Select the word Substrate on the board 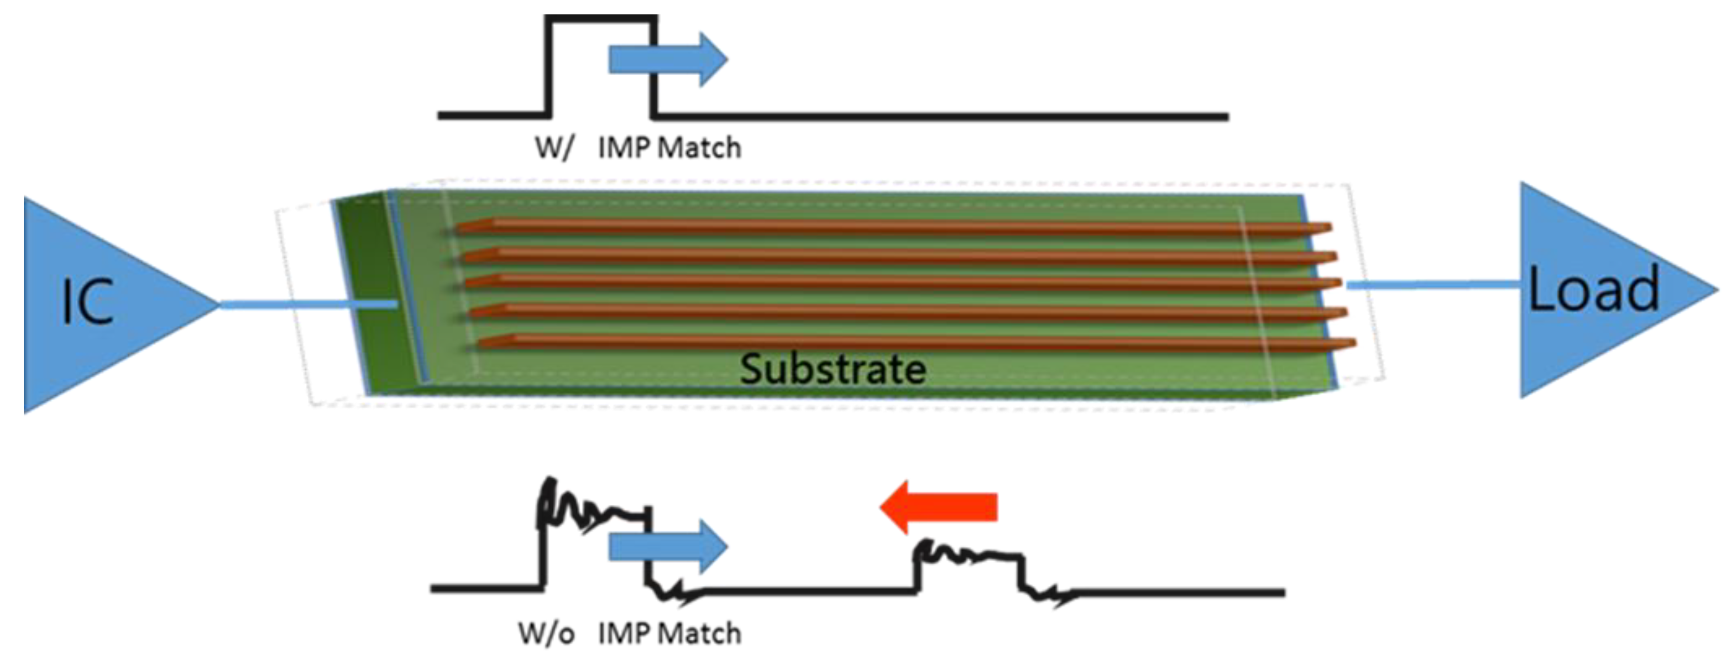click(x=833, y=369)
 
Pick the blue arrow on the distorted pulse click(x=668, y=547)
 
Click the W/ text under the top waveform click(x=554, y=147)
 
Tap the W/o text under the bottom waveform click(x=546, y=632)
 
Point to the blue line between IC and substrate click(x=308, y=305)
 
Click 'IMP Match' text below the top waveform click(x=669, y=147)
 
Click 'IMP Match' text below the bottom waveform click(x=669, y=632)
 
